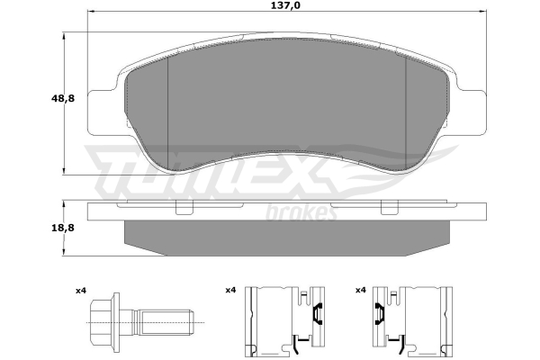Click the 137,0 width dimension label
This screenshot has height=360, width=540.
click(286, 5)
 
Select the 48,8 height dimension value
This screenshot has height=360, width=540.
click(63, 98)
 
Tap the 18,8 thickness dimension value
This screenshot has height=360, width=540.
click(63, 228)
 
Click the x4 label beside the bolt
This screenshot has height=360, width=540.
click(81, 291)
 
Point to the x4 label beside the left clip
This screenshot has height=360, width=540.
click(230, 291)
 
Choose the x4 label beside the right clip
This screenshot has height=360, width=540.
click(360, 291)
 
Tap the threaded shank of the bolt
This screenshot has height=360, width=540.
click(163, 322)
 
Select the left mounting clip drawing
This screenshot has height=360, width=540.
click(284, 321)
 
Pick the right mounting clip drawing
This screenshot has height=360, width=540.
click(412, 321)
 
